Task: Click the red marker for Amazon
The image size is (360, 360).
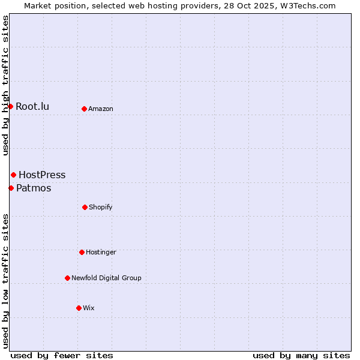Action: coord(84,109)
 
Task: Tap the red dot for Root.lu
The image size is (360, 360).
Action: coord(10,106)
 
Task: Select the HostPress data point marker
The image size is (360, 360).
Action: coord(13,175)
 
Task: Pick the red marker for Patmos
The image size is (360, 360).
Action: coord(11,188)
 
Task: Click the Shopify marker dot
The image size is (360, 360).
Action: coord(85,207)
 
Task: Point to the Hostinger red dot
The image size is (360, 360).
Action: coord(82,252)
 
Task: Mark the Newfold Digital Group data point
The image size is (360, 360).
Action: coord(67,278)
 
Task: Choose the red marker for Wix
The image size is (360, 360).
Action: coord(79,308)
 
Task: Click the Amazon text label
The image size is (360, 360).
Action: coord(101,109)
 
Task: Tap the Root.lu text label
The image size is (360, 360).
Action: coord(32,107)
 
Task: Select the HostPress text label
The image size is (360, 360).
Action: coord(42,175)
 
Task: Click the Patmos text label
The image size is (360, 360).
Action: coord(34,188)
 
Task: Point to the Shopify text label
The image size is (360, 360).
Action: coord(101,208)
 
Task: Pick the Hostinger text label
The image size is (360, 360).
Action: coord(101,253)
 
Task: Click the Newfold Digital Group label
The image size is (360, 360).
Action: coord(106,278)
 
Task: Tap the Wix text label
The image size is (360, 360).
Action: coord(89,308)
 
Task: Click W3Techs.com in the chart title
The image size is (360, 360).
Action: coord(307,5)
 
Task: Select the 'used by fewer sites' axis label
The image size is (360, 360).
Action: coord(62,356)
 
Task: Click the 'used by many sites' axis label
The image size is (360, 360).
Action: coord(301,356)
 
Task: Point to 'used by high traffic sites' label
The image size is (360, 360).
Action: coord(5,86)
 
